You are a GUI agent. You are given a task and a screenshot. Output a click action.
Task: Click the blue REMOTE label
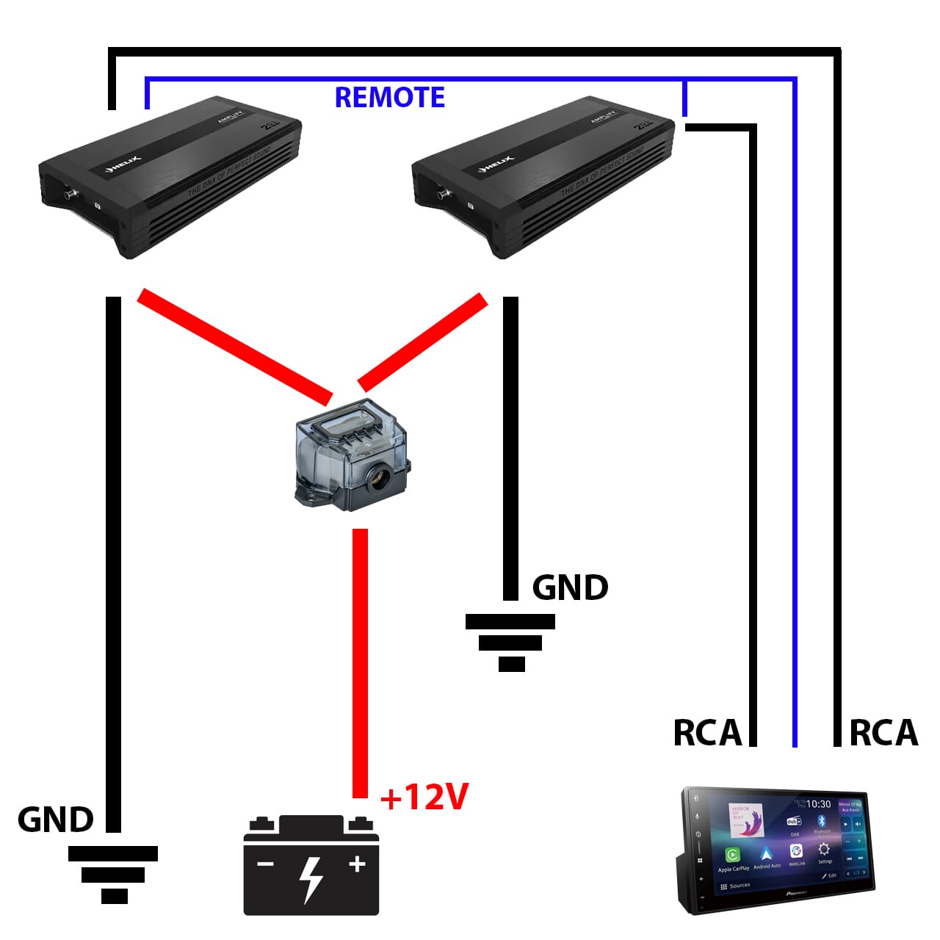[x=389, y=97]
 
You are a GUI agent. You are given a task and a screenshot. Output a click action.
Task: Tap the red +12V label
[x=424, y=797]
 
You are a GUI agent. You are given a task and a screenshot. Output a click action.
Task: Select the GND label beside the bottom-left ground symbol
[x=55, y=820]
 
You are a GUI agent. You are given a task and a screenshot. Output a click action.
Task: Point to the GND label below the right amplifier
[x=570, y=587]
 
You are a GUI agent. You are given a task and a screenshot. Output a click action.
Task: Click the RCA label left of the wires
[x=706, y=733]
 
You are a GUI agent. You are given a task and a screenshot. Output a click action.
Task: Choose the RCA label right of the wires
[x=883, y=733]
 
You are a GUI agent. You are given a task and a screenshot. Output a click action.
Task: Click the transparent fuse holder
[x=351, y=455]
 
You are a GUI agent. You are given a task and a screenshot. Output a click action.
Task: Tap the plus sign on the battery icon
[x=357, y=864]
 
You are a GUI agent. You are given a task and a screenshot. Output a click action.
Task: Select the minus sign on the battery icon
[x=265, y=864]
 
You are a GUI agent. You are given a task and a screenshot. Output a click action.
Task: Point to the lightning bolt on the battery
[x=311, y=878]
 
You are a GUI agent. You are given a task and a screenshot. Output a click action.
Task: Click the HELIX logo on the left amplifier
[x=123, y=164]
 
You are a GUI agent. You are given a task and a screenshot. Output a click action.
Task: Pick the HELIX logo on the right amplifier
[x=496, y=164]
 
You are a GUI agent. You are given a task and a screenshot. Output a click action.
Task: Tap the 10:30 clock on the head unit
[x=818, y=804]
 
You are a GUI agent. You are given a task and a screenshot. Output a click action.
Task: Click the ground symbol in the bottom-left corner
[x=113, y=874]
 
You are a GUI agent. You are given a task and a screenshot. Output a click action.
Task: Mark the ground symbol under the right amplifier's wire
[x=510, y=643]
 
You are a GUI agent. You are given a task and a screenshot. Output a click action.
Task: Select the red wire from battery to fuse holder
[x=360, y=661]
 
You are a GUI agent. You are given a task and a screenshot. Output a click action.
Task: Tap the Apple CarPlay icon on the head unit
[x=732, y=856]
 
